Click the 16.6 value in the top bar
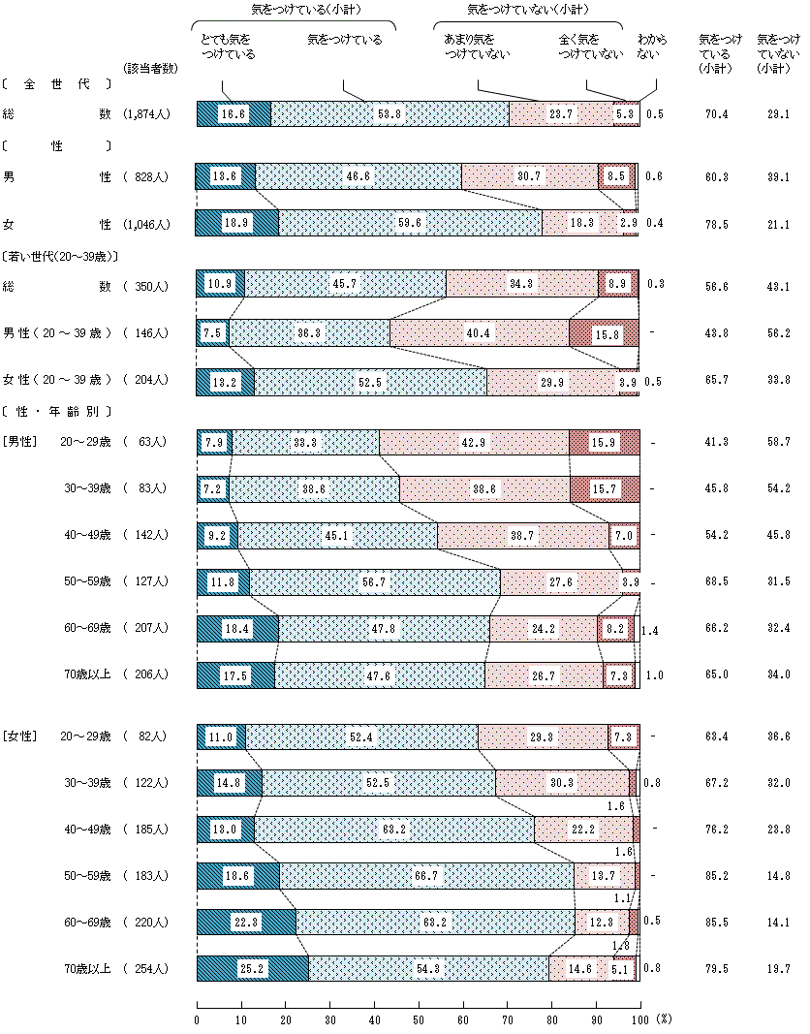(x=234, y=113)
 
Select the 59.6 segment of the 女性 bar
(x=410, y=223)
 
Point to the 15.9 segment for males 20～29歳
(x=605, y=443)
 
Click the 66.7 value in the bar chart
(x=426, y=876)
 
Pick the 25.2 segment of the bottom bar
(x=252, y=969)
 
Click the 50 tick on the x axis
(x=419, y=1019)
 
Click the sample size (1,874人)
(x=146, y=114)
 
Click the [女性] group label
(x=20, y=737)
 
